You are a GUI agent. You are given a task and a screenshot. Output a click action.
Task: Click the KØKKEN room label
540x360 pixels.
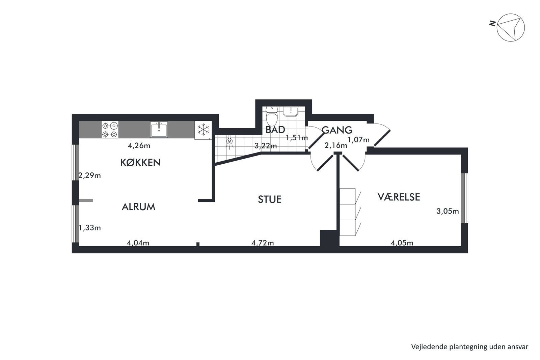coord(140,163)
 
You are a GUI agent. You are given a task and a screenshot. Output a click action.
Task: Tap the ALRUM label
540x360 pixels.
coord(138,207)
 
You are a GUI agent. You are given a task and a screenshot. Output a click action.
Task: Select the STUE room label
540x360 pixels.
coord(270,199)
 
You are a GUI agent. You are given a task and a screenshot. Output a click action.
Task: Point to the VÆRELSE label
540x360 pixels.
coord(399,197)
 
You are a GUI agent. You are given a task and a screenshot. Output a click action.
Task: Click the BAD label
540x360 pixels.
coord(275,130)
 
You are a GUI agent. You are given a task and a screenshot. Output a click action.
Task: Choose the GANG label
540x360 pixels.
coord(337,130)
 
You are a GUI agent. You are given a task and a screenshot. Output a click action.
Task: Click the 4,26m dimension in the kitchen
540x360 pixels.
coord(139,145)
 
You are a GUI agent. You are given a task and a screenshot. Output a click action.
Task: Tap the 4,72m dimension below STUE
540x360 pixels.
coord(263,243)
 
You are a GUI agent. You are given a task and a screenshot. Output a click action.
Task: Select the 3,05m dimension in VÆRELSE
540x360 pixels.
coord(448,211)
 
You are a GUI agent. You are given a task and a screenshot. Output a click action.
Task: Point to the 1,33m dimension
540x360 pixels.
coord(90,228)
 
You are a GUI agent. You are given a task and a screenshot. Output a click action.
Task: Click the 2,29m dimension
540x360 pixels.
coord(90,175)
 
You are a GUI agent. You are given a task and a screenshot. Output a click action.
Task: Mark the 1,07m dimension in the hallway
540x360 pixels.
coord(358,140)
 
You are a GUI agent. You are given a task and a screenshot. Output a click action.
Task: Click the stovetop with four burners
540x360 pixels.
coord(110,130)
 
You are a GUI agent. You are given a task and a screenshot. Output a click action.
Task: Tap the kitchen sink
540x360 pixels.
coord(159,130)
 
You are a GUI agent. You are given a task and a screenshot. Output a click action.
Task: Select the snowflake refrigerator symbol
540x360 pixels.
coord(203,130)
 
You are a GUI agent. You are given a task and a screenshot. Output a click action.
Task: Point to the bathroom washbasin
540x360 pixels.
coord(291,112)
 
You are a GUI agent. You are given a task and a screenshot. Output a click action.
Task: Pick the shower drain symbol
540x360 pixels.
coord(230,141)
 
